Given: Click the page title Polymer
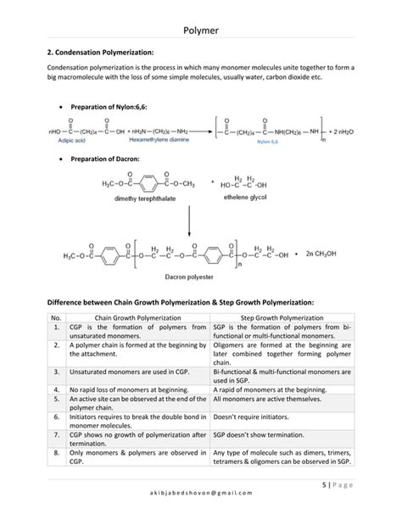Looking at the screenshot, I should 201,31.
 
